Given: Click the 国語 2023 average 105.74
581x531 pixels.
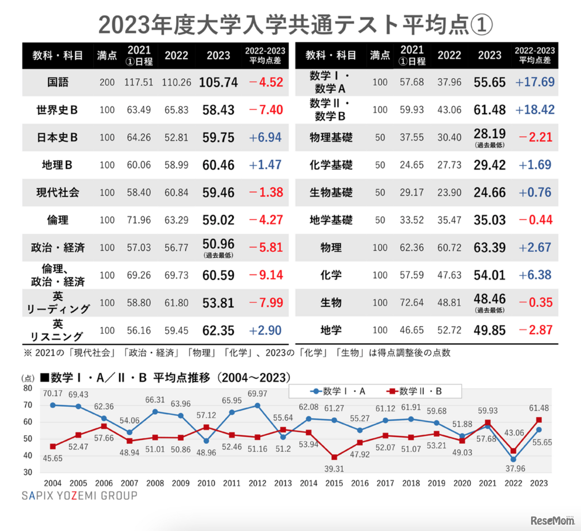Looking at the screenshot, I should point(218,82).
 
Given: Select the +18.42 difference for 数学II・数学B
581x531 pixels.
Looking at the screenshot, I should point(535,110).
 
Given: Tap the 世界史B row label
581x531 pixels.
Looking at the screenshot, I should point(57,110).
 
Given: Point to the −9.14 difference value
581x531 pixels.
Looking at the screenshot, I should point(266,275).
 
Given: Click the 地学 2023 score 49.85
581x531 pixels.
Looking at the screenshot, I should point(489,330).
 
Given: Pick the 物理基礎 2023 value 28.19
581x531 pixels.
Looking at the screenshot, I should point(489,134).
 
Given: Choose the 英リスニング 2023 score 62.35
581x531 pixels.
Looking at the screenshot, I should point(218,330).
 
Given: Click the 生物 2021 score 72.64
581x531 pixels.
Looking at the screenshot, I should point(412,303).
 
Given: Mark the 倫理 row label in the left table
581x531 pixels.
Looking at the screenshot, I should point(58,220).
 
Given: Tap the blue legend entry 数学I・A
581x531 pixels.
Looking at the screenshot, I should point(338,391).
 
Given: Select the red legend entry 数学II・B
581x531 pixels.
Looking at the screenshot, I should point(414,391).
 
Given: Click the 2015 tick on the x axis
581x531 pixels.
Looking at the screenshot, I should point(334,483).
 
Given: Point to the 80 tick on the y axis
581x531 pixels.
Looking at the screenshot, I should point(28,388).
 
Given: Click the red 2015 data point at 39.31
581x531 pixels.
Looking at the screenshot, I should point(335,457).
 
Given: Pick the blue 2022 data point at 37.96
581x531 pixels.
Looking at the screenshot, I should point(513,459).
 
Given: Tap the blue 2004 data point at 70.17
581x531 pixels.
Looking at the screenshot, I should point(53,405).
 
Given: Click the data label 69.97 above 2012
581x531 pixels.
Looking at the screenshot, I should point(257,394).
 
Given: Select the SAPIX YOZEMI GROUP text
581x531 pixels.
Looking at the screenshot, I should point(79,496).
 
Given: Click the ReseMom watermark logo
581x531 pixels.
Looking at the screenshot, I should point(552,520).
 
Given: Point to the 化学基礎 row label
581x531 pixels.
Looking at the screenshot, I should point(331,165).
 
